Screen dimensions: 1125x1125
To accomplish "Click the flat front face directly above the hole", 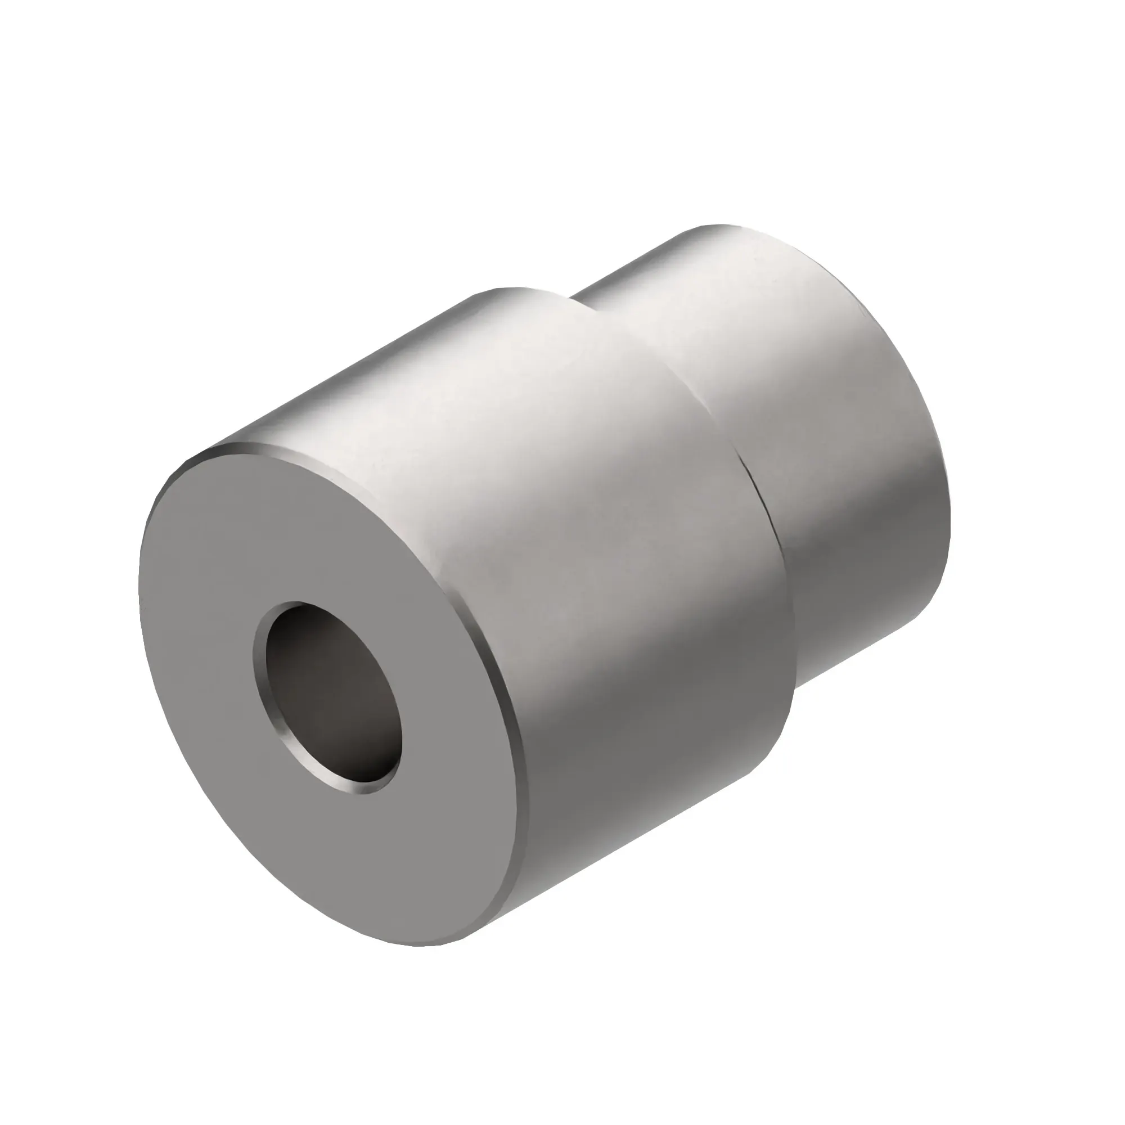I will coord(303,524).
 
